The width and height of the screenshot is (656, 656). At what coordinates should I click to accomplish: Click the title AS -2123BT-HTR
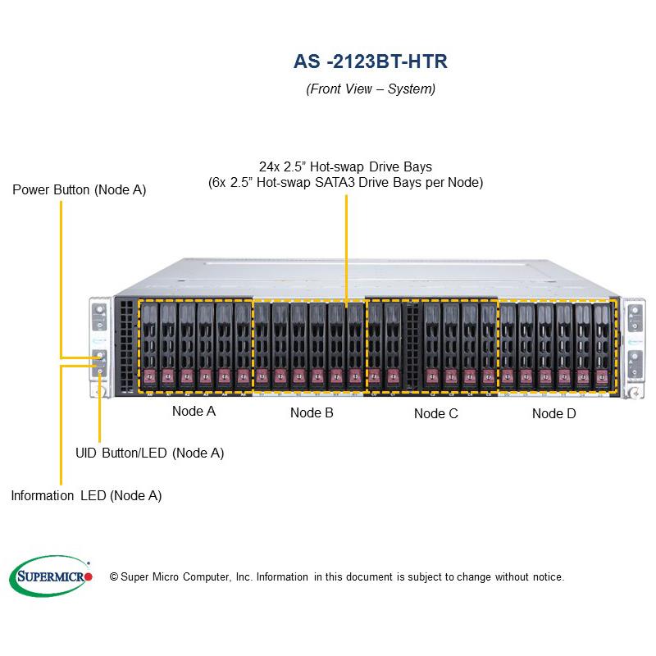pos(371,61)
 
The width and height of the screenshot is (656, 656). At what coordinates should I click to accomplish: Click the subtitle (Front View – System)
pos(371,89)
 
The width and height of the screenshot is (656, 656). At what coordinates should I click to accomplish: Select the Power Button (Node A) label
pos(79,189)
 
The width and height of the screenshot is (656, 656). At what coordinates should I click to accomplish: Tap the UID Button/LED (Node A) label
pos(149,453)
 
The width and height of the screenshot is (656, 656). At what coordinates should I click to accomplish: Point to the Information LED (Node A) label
pos(86,495)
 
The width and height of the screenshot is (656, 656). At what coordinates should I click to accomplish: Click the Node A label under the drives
pos(194,412)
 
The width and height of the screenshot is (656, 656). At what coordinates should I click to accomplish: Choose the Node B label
pos(312,413)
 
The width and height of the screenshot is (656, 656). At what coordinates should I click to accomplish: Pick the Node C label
pos(435,413)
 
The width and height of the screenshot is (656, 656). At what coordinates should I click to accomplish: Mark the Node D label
pos(553,413)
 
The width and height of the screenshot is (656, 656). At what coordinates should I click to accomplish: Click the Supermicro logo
pos(51,576)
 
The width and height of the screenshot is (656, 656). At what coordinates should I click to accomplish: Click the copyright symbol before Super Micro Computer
pos(114,577)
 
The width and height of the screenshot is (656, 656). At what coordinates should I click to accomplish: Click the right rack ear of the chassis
pos(634,345)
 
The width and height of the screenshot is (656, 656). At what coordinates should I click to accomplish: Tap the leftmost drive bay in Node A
pos(148,344)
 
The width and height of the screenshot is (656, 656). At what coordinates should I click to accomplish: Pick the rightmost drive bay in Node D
pos(605,344)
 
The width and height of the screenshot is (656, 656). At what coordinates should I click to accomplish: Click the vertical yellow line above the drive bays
pos(346,246)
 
